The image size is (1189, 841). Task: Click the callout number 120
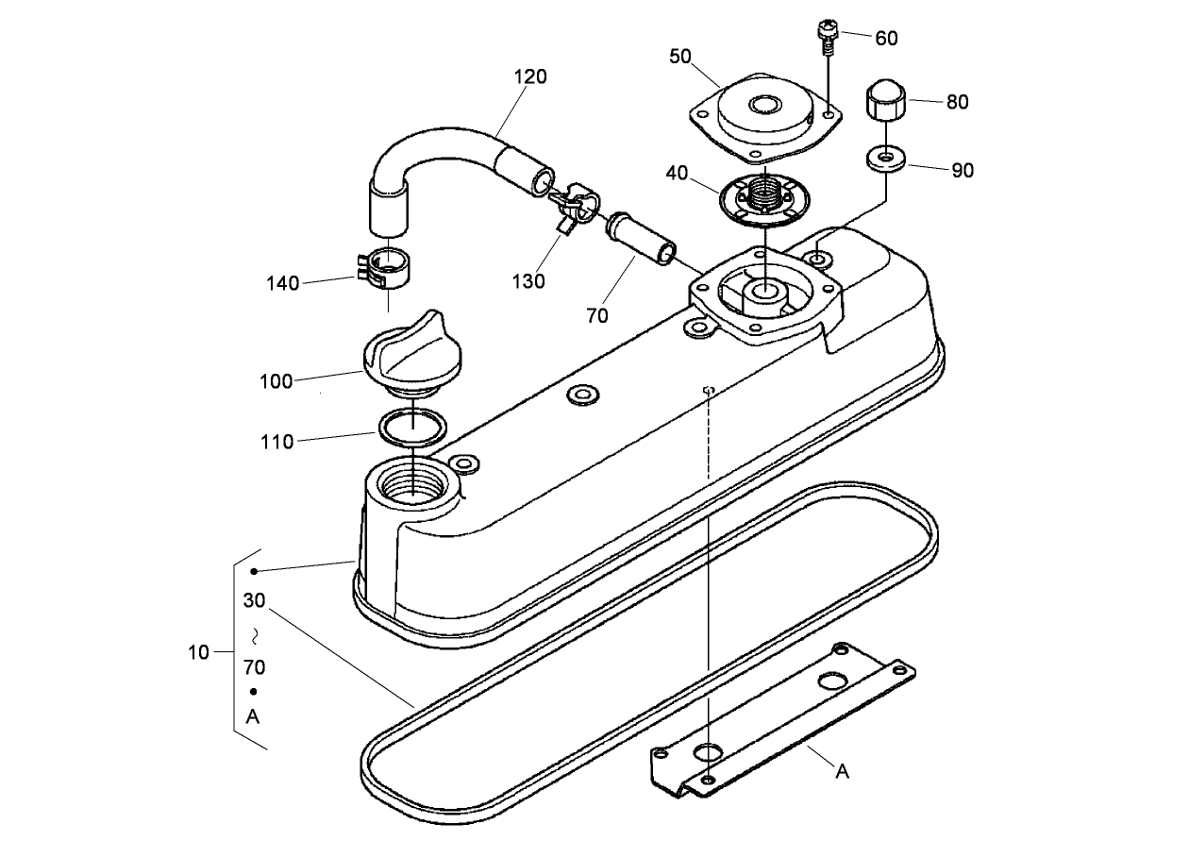pyautogui.click(x=529, y=76)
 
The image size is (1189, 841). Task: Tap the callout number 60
pyautogui.click(x=886, y=38)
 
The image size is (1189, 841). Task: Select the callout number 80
pyautogui.click(x=957, y=102)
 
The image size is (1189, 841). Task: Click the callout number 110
pyautogui.click(x=277, y=441)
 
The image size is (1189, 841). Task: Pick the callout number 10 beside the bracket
pyautogui.click(x=198, y=652)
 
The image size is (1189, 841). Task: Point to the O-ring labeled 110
pyautogui.click(x=412, y=427)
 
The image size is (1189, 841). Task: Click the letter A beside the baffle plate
pyautogui.click(x=843, y=771)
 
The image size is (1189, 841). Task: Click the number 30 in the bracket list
pyautogui.click(x=254, y=600)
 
